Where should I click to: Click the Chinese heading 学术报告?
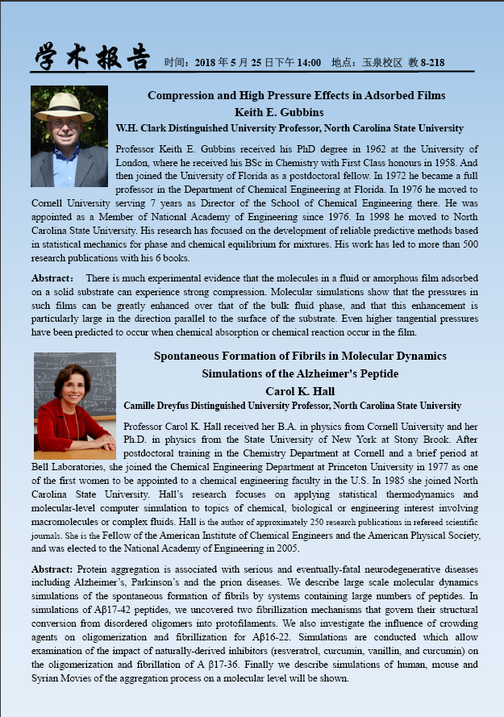[92, 56]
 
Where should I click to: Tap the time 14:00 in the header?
[307, 63]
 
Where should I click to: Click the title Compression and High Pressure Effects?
[296, 96]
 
